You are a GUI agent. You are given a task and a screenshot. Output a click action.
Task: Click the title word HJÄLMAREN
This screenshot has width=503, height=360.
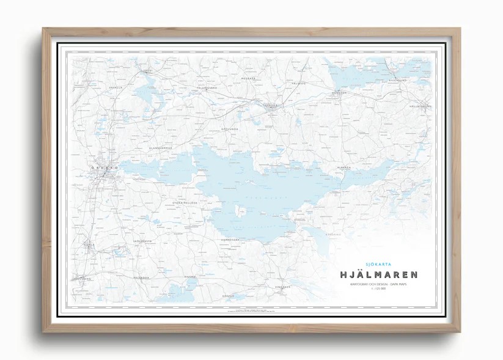click(375, 275)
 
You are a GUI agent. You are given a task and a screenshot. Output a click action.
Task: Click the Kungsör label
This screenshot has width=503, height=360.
click(339, 93)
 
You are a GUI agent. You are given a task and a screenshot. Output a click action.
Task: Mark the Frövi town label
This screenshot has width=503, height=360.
click(147, 71)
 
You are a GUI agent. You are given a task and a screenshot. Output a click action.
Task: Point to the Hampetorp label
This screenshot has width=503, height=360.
click(232, 240)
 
